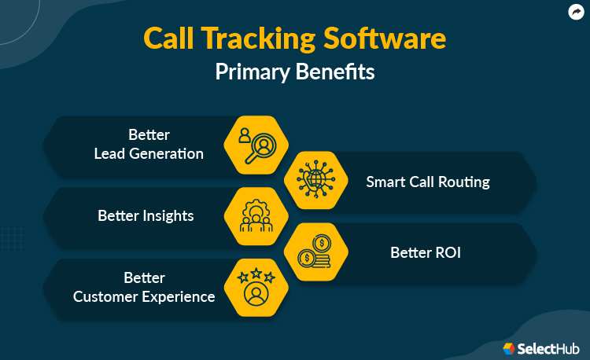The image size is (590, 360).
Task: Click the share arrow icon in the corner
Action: click(x=575, y=12)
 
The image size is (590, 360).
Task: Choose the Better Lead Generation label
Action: click(x=149, y=144)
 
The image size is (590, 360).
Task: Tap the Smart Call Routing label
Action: click(x=428, y=182)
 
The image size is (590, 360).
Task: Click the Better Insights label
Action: click(x=146, y=215)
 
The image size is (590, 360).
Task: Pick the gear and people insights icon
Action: click(x=256, y=215)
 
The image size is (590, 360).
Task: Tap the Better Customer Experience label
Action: click(x=144, y=287)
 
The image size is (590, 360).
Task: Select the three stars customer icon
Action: click(x=256, y=288)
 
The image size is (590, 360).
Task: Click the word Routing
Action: click(x=463, y=182)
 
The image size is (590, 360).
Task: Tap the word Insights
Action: click(x=168, y=215)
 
